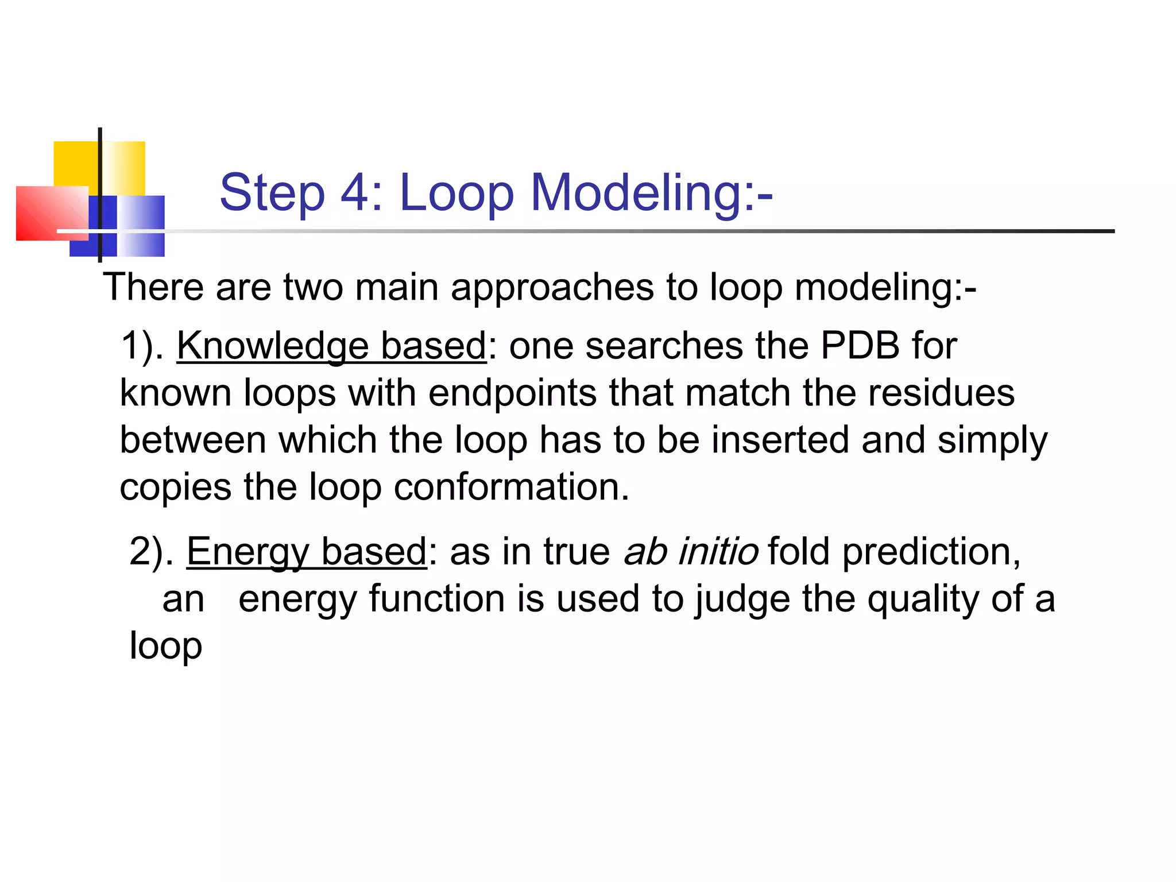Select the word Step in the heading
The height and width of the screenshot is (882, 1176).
(272, 194)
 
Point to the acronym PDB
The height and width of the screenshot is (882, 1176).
(860, 346)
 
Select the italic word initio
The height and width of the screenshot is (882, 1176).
(718, 551)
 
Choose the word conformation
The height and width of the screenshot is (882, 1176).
(511, 488)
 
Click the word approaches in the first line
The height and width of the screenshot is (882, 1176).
(552, 287)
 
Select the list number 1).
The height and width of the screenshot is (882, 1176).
(142, 346)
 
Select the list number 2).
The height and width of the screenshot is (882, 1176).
(151, 552)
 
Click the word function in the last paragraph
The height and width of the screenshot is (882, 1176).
(437, 599)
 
